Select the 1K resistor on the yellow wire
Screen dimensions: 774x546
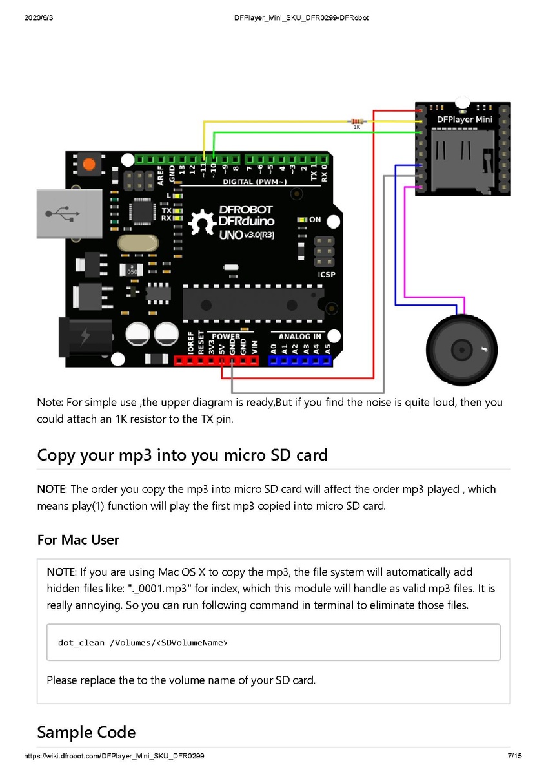[356, 121]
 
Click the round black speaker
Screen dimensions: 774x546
[462, 349]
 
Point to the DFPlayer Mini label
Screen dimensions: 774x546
[464, 120]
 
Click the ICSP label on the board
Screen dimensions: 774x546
[327, 273]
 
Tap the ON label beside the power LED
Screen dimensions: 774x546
[315, 220]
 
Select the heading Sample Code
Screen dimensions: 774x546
[86, 732]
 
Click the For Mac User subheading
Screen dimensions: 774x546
[78, 539]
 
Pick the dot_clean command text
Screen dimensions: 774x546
[143, 642]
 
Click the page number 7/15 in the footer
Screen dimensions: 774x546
[514, 756]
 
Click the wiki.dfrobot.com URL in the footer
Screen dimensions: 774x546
[114, 756]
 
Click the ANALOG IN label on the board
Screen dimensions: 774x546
[299, 336]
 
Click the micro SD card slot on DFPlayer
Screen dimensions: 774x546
[463, 158]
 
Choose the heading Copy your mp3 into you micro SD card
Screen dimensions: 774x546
[183, 455]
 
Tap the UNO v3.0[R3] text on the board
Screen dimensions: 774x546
[246, 235]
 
